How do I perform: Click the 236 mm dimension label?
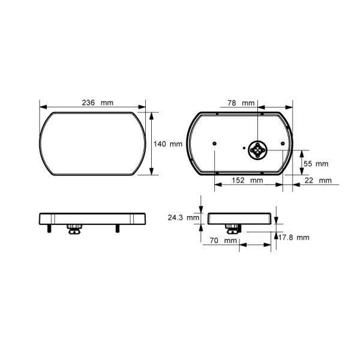click(x=98, y=103)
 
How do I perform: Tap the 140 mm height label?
click(x=168, y=144)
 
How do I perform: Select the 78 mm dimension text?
click(x=241, y=103)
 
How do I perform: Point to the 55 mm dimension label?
click(x=316, y=164)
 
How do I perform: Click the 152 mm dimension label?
click(x=247, y=180)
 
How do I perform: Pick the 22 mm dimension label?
click(x=318, y=181)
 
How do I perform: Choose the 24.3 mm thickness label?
click(x=184, y=217)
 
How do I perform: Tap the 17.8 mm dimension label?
click(x=294, y=237)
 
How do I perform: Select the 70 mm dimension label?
click(x=223, y=241)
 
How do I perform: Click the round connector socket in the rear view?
click(x=258, y=150)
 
